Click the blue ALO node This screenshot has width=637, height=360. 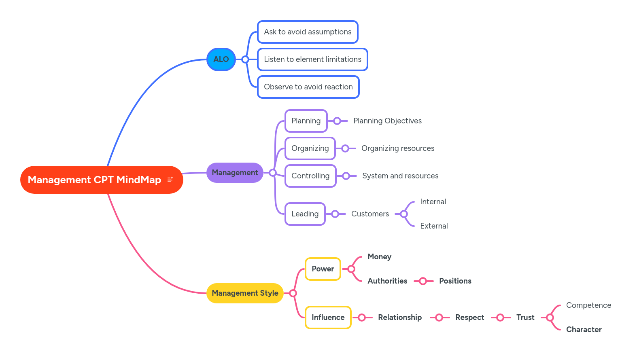click(x=221, y=59)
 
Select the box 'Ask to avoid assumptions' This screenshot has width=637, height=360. click(x=308, y=32)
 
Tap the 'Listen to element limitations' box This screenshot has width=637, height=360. click(x=312, y=59)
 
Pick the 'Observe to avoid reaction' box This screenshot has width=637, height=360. click(x=308, y=87)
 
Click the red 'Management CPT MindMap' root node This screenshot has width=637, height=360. click(x=94, y=180)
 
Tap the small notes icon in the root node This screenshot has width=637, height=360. click(x=170, y=179)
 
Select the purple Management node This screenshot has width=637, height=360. click(x=235, y=173)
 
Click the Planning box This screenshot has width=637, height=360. click(x=306, y=121)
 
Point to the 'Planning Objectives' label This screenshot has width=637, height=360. click(x=387, y=121)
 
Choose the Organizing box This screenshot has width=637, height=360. click(x=310, y=148)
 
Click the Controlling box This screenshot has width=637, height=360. click(x=310, y=176)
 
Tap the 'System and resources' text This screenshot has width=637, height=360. click(x=400, y=176)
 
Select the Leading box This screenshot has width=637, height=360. click(x=305, y=214)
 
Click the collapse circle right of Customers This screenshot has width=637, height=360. click(x=403, y=214)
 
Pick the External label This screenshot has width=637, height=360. click(x=434, y=226)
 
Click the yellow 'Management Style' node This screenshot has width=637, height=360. click(x=245, y=293)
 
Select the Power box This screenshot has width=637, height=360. click(x=323, y=269)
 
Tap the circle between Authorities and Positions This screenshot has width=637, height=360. click(x=423, y=281)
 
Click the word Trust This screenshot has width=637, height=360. click(x=525, y=318)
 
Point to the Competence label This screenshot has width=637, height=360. click(x=588, y=305)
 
